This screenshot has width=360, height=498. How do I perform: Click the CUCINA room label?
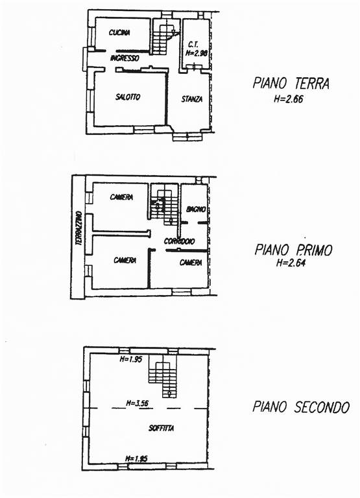coord(119,32)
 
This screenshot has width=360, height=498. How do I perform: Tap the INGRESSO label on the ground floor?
coord(125,58)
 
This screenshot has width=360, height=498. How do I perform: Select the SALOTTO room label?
coord(128,97)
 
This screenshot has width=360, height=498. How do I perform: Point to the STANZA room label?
coord(192,99)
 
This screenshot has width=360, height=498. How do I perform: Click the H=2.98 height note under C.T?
coord(197,53)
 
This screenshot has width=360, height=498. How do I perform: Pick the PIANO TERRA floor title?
coord(291,83)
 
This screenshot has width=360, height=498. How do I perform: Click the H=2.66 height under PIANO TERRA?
coord(289,99)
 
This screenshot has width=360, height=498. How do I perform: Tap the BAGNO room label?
coord(196,209)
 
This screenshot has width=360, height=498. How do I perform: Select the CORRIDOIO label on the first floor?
coord(179,241)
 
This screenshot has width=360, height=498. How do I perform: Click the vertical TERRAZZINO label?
coord(79,228)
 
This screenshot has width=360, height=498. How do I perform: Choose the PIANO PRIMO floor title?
coord(293,250)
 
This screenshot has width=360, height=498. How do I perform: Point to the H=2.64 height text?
coord(291,263)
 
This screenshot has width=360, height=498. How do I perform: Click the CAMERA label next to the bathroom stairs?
coord(121,197)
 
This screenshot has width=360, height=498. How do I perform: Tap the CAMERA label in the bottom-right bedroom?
coord(191,263)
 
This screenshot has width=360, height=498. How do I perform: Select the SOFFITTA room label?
coord(162,428)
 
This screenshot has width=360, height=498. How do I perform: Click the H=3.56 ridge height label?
coord(138,403)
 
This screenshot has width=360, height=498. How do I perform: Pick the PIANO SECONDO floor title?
coord(301,407)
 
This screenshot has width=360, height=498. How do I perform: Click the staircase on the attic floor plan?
coord(163,376)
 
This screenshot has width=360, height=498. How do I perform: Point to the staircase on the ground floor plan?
coord(164,37)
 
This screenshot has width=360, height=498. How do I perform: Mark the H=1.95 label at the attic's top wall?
coord(130,359)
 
